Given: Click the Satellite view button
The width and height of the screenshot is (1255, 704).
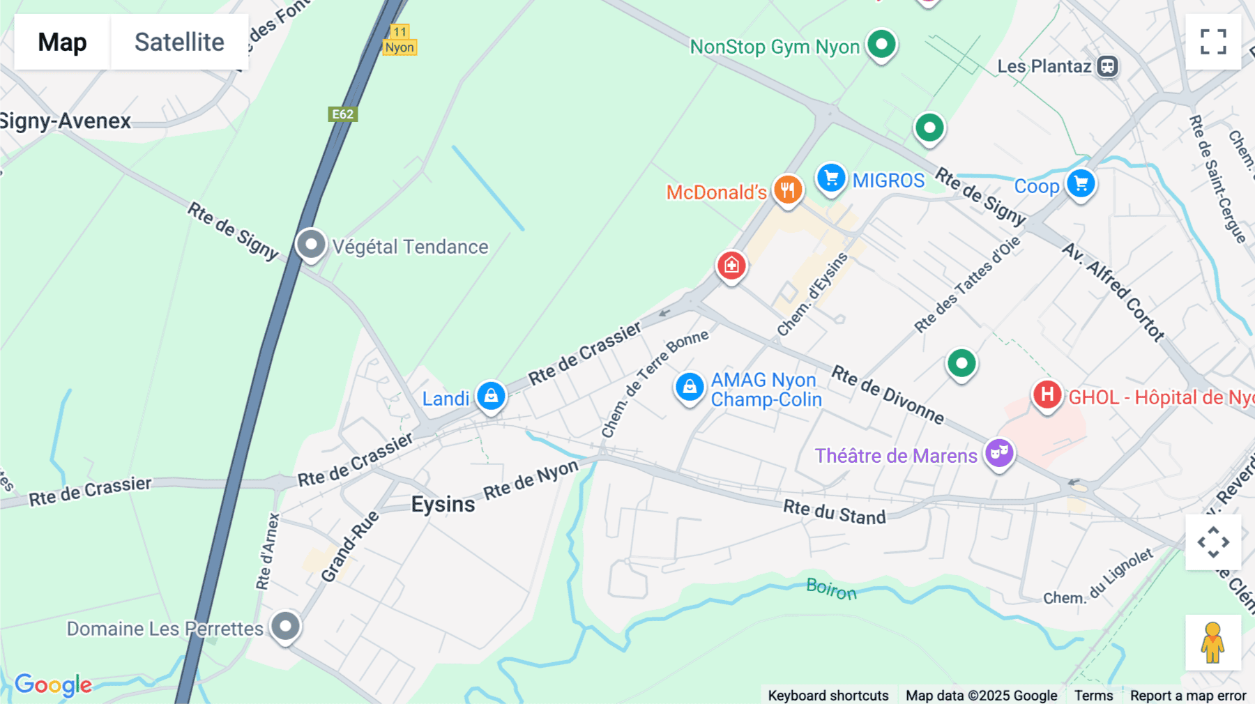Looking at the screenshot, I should [179, 42].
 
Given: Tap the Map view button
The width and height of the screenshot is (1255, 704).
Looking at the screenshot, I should [62, 42].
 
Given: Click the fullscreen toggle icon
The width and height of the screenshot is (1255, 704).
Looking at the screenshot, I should [1213, 42].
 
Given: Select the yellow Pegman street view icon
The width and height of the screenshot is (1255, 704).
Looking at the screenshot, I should [1213, 643].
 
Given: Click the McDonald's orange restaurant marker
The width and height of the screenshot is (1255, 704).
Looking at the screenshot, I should [788, 189].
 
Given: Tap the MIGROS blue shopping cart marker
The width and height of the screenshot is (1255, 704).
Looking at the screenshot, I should [831, 178].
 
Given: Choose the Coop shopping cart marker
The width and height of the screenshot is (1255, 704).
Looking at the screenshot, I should [1081, 183].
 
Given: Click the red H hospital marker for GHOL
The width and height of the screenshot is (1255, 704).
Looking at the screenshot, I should [1047, 395].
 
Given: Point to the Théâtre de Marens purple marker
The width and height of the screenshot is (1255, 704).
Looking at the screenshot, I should [999, 453].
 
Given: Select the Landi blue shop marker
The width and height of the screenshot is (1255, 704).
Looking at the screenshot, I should [491, 395].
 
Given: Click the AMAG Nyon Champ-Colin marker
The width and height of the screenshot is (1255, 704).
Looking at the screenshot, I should [690, 386].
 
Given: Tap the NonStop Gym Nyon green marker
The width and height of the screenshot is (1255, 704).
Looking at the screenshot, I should [881, 45].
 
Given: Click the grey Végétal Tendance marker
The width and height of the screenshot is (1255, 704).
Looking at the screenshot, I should [311, 245].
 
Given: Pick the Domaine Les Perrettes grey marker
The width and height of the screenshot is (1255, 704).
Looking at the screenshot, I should [285, 626].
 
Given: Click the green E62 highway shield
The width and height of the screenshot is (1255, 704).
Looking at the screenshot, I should [342, 114].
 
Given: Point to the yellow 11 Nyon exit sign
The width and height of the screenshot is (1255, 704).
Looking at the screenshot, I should [400, 40].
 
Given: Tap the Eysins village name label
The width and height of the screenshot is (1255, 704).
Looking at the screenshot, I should [443, 504].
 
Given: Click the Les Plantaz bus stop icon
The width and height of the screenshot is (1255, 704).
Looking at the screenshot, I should [1107, 66].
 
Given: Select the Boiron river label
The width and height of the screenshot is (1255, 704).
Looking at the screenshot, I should [831, 589].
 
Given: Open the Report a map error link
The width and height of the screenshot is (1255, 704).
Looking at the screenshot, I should [1187, 695].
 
